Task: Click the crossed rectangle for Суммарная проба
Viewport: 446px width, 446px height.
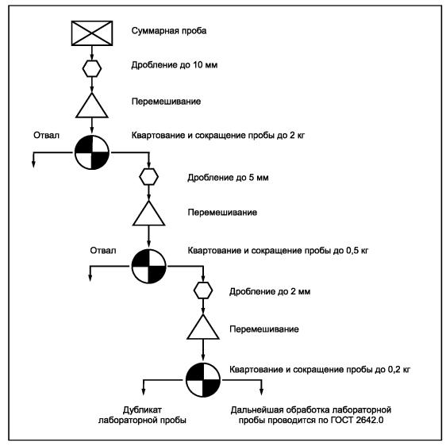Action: (x=92, y=33)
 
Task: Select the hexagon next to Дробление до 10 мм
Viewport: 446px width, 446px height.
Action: (x=92, y=68)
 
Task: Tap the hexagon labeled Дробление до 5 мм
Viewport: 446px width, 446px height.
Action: (x=148, y=177)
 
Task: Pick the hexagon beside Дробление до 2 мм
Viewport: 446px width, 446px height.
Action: (x=203, y=290)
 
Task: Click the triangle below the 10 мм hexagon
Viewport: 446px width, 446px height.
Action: (x=92, y=106)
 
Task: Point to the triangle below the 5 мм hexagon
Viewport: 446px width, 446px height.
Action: (x=148, y=213)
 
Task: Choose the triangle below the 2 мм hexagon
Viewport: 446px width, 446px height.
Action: (x=203, y=327)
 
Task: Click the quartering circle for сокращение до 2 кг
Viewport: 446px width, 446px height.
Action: (x=92, y=152)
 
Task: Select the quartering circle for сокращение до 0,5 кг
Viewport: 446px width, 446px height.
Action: (x=148, y=266)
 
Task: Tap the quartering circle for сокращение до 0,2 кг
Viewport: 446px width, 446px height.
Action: (x=203, y=379)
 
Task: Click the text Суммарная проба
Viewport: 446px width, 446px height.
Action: (x=169, y=31)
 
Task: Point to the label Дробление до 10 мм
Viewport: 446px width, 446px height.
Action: (x=175, y=65)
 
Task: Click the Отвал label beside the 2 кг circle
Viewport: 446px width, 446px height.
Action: (x=46, y=135)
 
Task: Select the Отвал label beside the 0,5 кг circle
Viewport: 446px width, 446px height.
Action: (x=103, y=250)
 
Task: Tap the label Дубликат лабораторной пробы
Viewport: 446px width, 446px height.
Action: (x=142, y=415)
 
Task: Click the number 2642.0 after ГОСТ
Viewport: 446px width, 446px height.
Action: (x=370, y=420)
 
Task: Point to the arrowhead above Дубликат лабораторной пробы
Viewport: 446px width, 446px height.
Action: (x=144, y=392)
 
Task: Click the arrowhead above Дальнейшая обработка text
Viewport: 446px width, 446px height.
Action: (x=261, y=392)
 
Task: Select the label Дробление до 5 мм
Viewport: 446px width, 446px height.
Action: (x=228, y=178)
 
